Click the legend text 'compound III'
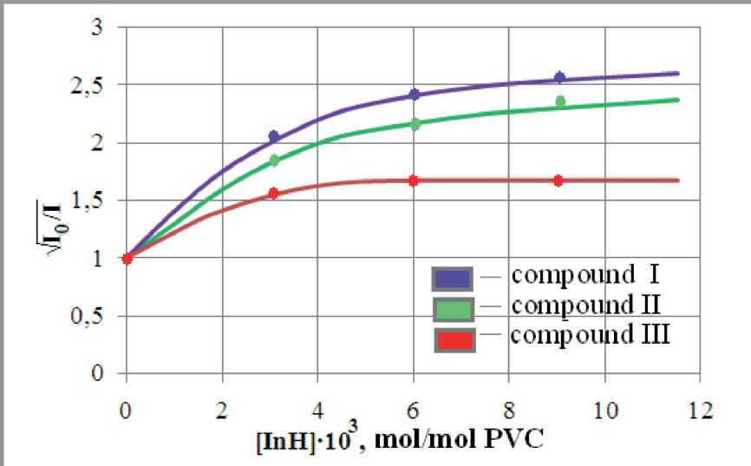pos(591,334)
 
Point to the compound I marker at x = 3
pos(274,137)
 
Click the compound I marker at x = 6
pos(415,95)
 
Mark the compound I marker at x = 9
pos(559,78)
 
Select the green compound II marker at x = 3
pos(274,161)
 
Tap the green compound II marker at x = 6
pos(415,124)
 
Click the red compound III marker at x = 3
pos(274,194)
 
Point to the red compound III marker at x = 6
pos(414,180)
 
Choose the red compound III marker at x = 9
pos(558,180)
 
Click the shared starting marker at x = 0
pos(127,258)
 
